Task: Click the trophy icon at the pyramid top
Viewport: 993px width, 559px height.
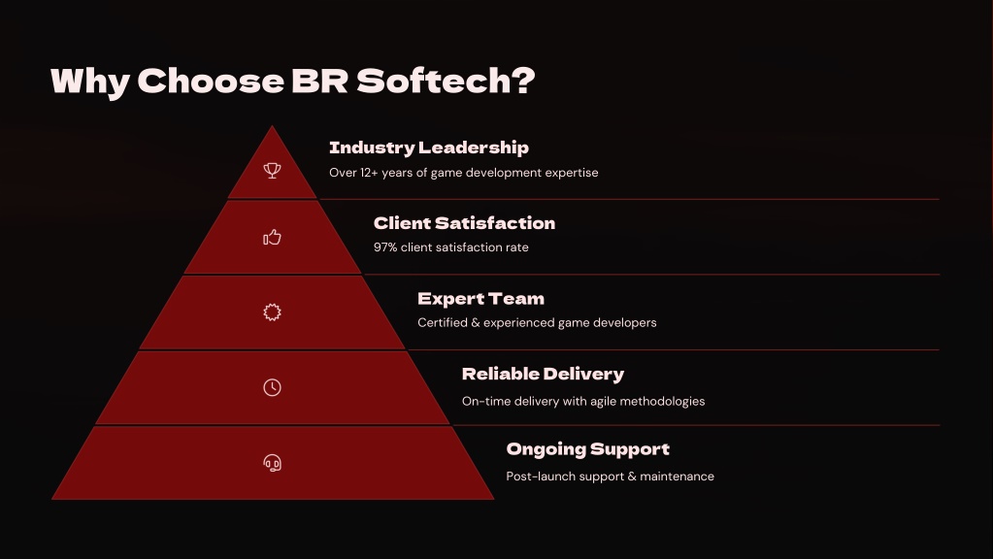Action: click(273, 170)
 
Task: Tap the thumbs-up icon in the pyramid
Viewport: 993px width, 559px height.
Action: click(273, 238)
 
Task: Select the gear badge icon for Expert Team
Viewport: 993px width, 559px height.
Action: click(273, 312)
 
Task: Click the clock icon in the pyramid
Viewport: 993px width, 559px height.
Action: click(273, 387)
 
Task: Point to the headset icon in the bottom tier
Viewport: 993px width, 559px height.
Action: click(273, 463)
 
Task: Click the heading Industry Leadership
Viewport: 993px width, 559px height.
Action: click(429, 148)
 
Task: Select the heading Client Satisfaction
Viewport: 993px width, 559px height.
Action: click(464, 223)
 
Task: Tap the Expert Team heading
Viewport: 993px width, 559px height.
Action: click(480, 299)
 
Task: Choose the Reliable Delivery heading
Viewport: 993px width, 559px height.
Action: click(543, 375)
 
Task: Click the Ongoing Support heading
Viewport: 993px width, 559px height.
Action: click(587, 449)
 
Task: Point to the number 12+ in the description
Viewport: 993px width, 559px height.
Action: click(369, 173)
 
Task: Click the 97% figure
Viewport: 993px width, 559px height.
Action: click(385, 247)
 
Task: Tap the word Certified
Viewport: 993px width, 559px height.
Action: click(442, 323)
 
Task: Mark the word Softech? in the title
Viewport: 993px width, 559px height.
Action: click(446, 82)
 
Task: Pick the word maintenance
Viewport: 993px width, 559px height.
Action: click(677, 477)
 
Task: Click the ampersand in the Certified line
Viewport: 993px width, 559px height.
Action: click(476, 323)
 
